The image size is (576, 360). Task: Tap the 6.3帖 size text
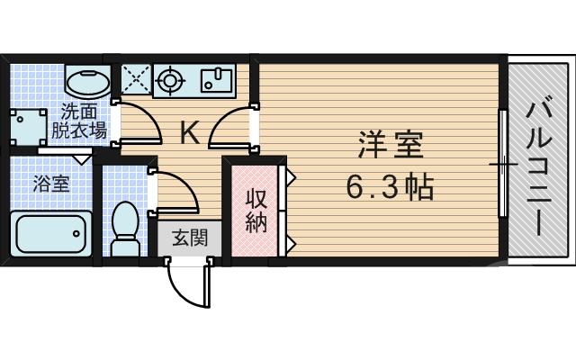coord(391,188)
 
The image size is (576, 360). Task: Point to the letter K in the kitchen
coord(189,133)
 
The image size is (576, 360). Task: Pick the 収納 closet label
coord(256,211)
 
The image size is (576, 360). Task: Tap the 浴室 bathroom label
coord(50,184)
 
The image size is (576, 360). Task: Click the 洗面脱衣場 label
coord(84,121)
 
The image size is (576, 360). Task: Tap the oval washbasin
coord(88,84)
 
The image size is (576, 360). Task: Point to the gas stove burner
coord(169,79)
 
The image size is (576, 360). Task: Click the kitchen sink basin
coord(217,79)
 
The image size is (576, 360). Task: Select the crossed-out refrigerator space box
coord(136,78)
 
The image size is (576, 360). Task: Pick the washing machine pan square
coord(27,126)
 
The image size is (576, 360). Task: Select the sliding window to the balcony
coord(502,166)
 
